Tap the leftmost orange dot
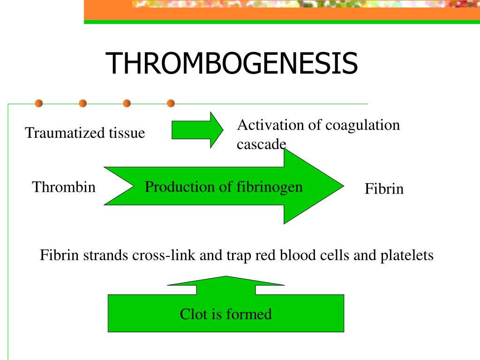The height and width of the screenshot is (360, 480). (x=39, y=103)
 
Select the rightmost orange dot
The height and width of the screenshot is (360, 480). (x=171, y=103)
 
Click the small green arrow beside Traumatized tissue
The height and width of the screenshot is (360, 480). (x=197, y=130)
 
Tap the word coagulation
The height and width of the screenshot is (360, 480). (x=362, y=125)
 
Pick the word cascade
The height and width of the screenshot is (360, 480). (x=261, y=144)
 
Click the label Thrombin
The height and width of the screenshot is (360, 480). (x=64, y=187)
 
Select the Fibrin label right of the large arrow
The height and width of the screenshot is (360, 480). (x=384, y=189)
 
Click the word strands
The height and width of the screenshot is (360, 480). (x=107, y=256)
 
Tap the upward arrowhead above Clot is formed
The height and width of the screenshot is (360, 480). (x=226, y=281)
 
